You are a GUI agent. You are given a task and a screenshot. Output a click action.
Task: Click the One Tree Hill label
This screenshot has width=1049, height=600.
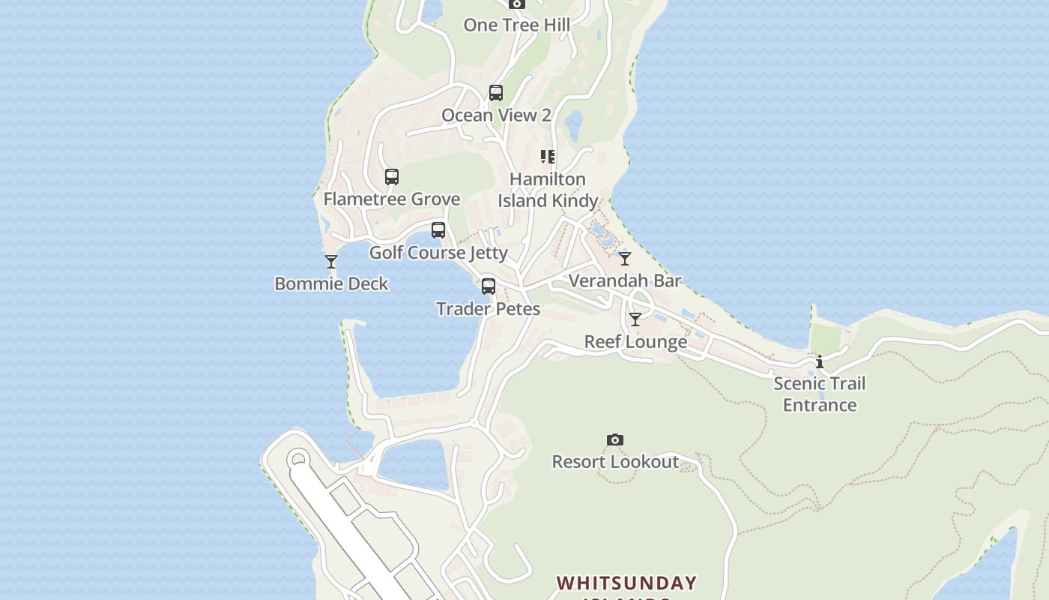click(516, 25)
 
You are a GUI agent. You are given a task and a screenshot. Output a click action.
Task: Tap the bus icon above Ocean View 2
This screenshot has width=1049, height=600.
click(496, 93)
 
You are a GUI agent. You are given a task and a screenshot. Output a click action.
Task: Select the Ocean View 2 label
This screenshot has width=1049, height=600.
click(496, 115)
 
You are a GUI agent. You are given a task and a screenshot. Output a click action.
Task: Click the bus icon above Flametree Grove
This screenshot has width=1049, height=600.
click(392, 177)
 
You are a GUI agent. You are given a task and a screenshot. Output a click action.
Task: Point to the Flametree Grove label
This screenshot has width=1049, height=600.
click(391, 199)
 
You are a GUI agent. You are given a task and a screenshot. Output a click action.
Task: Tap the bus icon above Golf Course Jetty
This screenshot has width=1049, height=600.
click(438, 230)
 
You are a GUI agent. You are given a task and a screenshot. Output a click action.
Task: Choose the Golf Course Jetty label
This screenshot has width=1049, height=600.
click(438, 253)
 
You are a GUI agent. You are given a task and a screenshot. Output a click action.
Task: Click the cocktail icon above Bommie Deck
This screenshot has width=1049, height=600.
click(331, 262)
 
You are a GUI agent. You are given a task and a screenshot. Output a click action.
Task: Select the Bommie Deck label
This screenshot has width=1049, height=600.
click(331, 283)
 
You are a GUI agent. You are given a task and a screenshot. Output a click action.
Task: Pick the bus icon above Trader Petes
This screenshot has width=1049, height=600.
click(489, 286)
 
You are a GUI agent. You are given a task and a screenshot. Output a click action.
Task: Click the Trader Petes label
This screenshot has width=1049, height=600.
click(488, 308)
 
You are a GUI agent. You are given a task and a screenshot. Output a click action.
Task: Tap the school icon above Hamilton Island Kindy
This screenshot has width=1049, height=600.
click(548, 157)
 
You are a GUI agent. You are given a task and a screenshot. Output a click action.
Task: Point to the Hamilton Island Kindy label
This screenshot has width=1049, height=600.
click(548, 190)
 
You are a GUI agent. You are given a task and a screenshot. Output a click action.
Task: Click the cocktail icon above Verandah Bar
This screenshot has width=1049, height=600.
click(625, 259)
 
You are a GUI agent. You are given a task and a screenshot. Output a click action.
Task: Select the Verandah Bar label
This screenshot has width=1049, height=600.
click(625, 280)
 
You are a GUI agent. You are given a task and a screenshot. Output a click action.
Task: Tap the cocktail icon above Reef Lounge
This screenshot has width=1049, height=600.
click(635, 319)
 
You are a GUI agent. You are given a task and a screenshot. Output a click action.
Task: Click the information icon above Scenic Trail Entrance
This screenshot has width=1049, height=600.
click(820, 362)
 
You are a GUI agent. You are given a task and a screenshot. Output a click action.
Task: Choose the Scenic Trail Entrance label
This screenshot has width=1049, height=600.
click(819, 394)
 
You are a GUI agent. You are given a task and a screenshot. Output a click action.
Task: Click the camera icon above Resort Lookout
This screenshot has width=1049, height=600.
click(615, 439)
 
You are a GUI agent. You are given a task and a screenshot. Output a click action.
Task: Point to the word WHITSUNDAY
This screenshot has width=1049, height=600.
click(626, 583)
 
